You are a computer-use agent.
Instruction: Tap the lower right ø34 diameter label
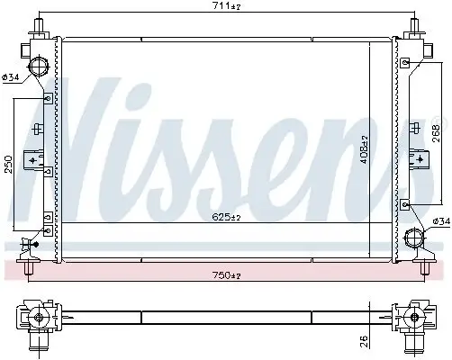pyautogui.click(x=441, y=221)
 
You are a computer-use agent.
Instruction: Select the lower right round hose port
pyautogui.click(x=414, y=238)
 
